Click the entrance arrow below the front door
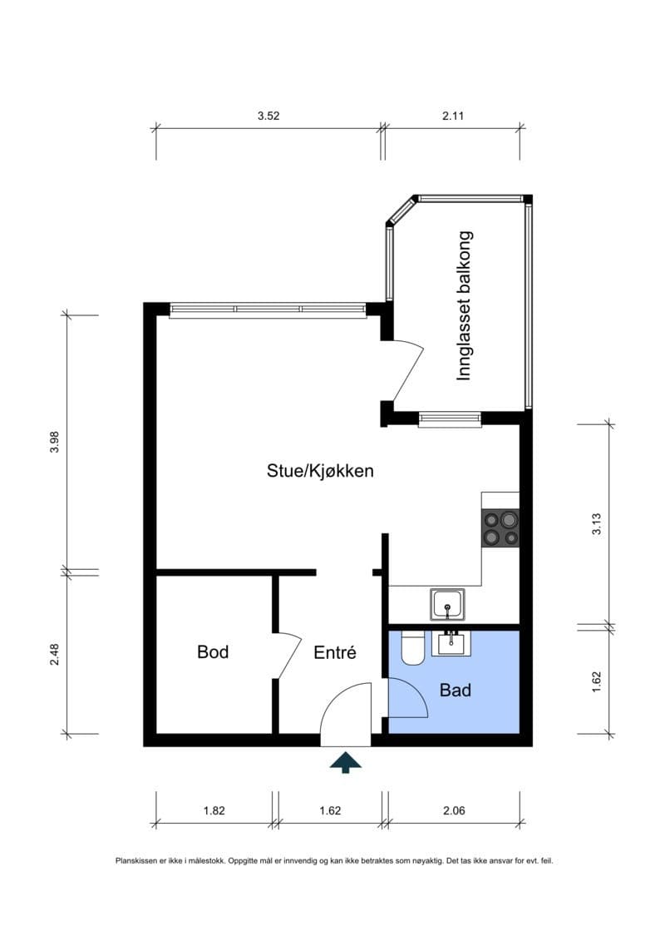click(346, 763)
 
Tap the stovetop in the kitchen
click(500, 527)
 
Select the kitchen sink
click(447, 604)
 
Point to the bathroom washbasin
click(451, 643)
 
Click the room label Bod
click(213, 651)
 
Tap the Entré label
click(335, 651)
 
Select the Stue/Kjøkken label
click(320, 471)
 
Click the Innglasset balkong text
click(464, 305)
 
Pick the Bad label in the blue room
click(456, 690)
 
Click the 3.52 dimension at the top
click(268, 116)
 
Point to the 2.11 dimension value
click(453, 116)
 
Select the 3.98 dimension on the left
click(55, 442)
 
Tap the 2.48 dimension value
click(55, 654)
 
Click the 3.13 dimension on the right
click(597, 524)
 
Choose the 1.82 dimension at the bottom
click(214, 810)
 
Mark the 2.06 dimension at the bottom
click(454, 810)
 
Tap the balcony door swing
click(410, 372)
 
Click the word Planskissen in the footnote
click(133, 860)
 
